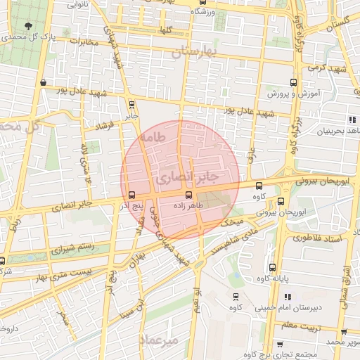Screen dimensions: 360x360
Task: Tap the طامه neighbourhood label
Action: click(152, 138)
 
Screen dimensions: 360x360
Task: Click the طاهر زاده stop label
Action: click(188, 206)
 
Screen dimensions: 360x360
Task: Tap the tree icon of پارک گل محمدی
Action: click(27, 26)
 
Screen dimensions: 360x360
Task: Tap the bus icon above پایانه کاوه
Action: click(273, 267)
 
